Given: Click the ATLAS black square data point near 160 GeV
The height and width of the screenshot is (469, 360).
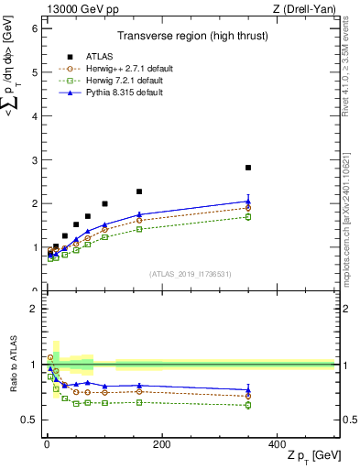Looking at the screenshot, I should click(x=139, y=191).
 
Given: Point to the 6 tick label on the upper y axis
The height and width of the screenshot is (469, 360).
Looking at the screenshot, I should click(x=33, y=28).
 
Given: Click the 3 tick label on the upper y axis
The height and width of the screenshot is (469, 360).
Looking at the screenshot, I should click(x=33, y=160).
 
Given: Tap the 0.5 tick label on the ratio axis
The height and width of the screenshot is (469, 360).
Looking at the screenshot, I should click(x=29, y=420).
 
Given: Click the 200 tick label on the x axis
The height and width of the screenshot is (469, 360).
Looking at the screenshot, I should click(x=161, y=444).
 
